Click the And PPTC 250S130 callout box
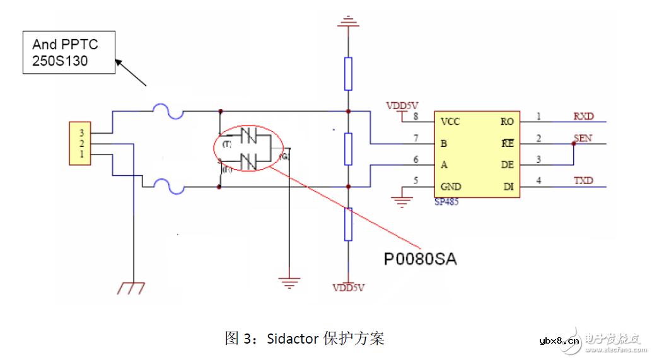pyautogui.click(x=69, y=53)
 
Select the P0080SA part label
pyautogui.click(x=421, y=259)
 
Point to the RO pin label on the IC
pyautogui.click(x=506, y=122)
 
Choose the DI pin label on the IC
pyautogui.click(x=508, y=187)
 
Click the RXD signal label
pyautogui.click(x=583, y=116)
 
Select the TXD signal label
pyautogui.click(x=583, y=181)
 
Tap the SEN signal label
pyautogui.click(x=583, y=138)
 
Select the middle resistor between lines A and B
pyautogui.click(x=347, y=149)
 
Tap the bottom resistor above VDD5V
pyautogui.click(x=347, y=224)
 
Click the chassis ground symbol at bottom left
pyautogui.click(x=133, y=288)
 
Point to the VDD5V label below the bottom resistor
pyautogui.click(x=349, y=288)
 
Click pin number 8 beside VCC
pyautogui.click(x=416, y=117)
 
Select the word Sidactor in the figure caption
pyautogui.click(x=293, y=339)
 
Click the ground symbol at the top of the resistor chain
pyautogui.click(x=347, y=25)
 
